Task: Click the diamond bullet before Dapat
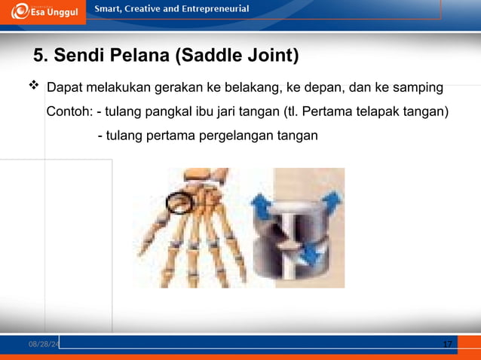pyautogui.click(x=33, y=88)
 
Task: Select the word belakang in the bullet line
pyautogui.click(x=253, y=89)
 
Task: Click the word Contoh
pyautogui.click(x=69, y=112)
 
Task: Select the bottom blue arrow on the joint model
pyautogui.click(x=308, y=258)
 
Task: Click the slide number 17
pyautogui.click(x=447, y=344)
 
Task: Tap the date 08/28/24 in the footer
pyautogui.click(x=43, y=344)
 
